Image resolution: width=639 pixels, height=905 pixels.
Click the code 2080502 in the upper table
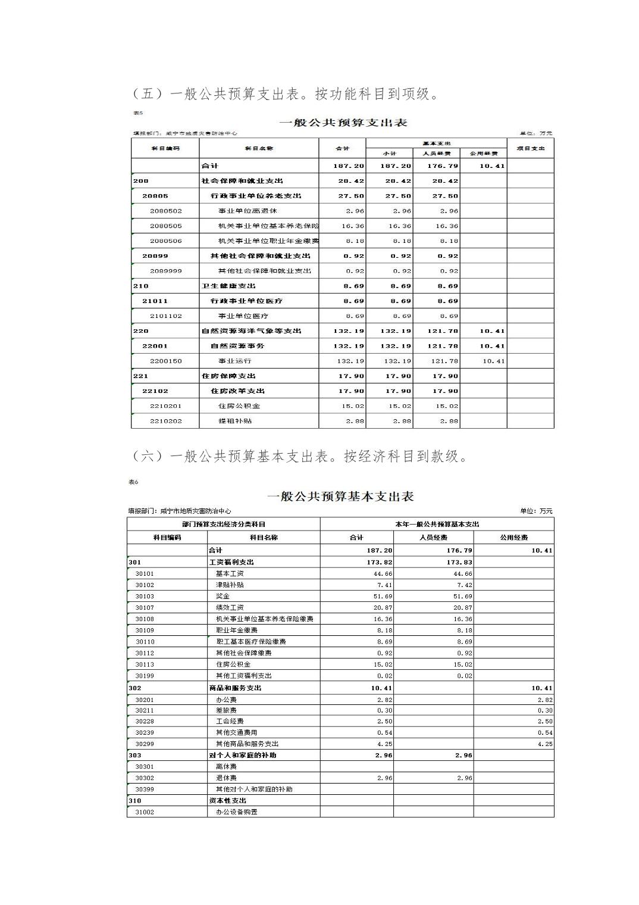166,211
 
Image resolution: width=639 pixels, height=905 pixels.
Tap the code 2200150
166,361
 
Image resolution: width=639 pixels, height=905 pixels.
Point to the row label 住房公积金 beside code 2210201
239,405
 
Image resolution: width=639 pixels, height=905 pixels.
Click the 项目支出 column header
530,148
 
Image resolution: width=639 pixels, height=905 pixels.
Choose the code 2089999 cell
166,271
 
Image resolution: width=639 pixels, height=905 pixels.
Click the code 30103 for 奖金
145,596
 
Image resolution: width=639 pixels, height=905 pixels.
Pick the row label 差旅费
226,710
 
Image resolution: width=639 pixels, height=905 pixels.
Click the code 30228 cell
145,721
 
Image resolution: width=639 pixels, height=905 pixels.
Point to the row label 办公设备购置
237,812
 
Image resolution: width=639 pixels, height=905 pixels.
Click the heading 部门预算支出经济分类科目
224,524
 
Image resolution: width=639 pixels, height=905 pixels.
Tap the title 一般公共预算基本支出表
340,497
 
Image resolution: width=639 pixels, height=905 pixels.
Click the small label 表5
137,113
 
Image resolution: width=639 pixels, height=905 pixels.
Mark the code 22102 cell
155,391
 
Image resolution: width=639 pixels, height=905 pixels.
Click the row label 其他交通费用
237,732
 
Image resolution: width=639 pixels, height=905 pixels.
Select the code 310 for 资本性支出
135,801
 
